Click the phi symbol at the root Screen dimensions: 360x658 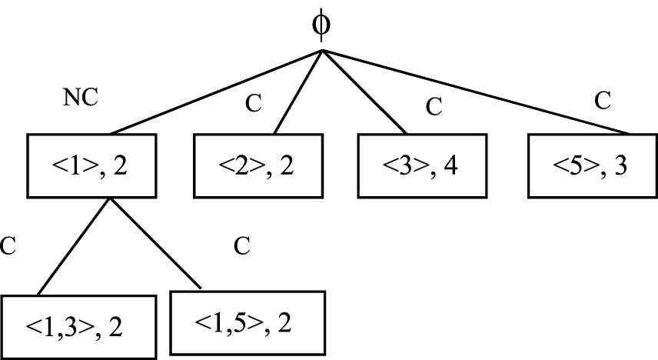point(322,24)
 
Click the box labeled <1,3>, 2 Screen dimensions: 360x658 point(75,326)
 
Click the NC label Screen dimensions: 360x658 point(80,98)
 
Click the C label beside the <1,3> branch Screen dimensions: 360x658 point(8,246)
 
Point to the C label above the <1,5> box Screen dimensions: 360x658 point(242,246)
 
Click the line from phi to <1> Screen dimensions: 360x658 point(215,92)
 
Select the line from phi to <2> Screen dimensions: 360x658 point(297,92)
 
